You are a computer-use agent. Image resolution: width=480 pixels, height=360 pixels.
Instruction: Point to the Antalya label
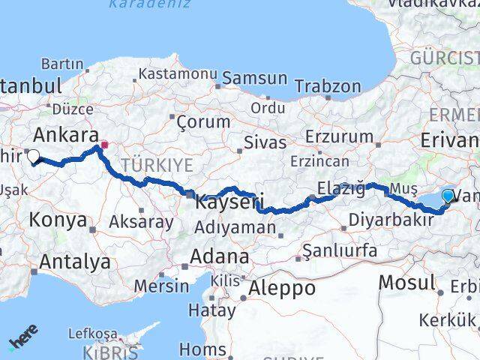click(74, 262)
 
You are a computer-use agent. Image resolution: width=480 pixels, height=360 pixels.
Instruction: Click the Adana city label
click(219, 256)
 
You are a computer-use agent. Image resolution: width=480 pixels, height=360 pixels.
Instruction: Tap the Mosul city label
click(407, 283)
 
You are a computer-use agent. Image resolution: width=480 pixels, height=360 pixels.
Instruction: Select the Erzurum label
click(340, 136)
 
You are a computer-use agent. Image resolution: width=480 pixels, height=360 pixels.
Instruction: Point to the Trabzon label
click(332, 86)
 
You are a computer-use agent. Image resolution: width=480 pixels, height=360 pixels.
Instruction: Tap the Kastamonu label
click(178, 74)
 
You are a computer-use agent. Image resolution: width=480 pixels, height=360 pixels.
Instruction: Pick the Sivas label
click(265, 142)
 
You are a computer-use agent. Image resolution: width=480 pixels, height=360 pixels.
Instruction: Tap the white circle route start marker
click(33, 156)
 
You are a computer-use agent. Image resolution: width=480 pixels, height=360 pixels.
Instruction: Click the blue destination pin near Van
click(448, 196)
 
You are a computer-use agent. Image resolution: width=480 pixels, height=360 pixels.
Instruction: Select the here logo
click(24, 339)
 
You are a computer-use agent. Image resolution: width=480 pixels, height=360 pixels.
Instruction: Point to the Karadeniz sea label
click(139, 4)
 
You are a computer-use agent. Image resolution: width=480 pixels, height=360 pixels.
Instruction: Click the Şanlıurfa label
click(340, 250)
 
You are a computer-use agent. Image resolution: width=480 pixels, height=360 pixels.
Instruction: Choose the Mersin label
click(163, 286)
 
